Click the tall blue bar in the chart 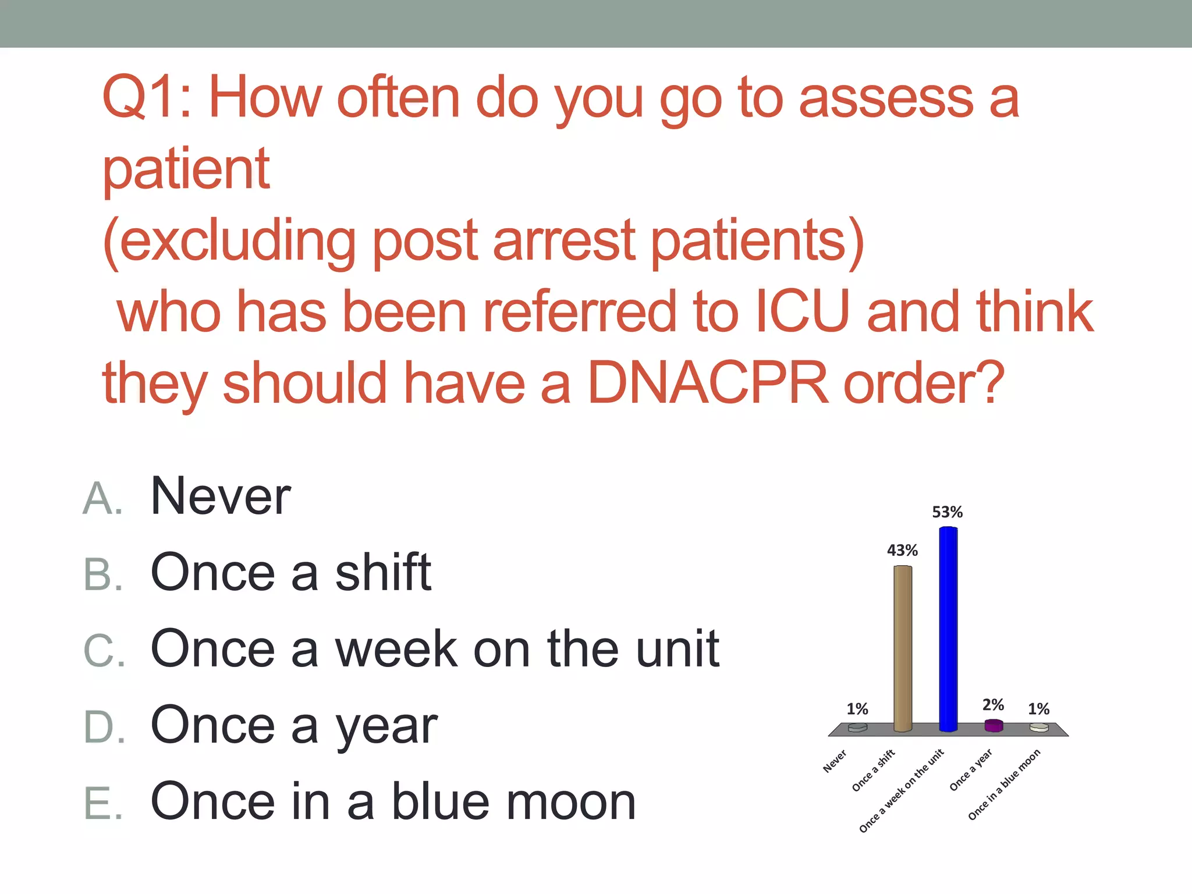(x=948, y=629)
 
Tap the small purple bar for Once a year (x=994, y=725)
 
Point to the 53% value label (x=948, y=512)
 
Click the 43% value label (x=902, y=550)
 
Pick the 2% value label (x=993, y=705)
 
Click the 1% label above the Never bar (x=857, y=709)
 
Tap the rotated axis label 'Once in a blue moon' (x=1004, y=785)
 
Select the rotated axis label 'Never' (x=835, y=761)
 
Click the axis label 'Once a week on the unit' (x=902, y=791)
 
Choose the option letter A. (x=102, y=499)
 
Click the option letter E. (x=102, y=804)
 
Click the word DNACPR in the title (x=707, y=383)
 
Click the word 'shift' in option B (x=383, y=572)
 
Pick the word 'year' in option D (x=386, y=727)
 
